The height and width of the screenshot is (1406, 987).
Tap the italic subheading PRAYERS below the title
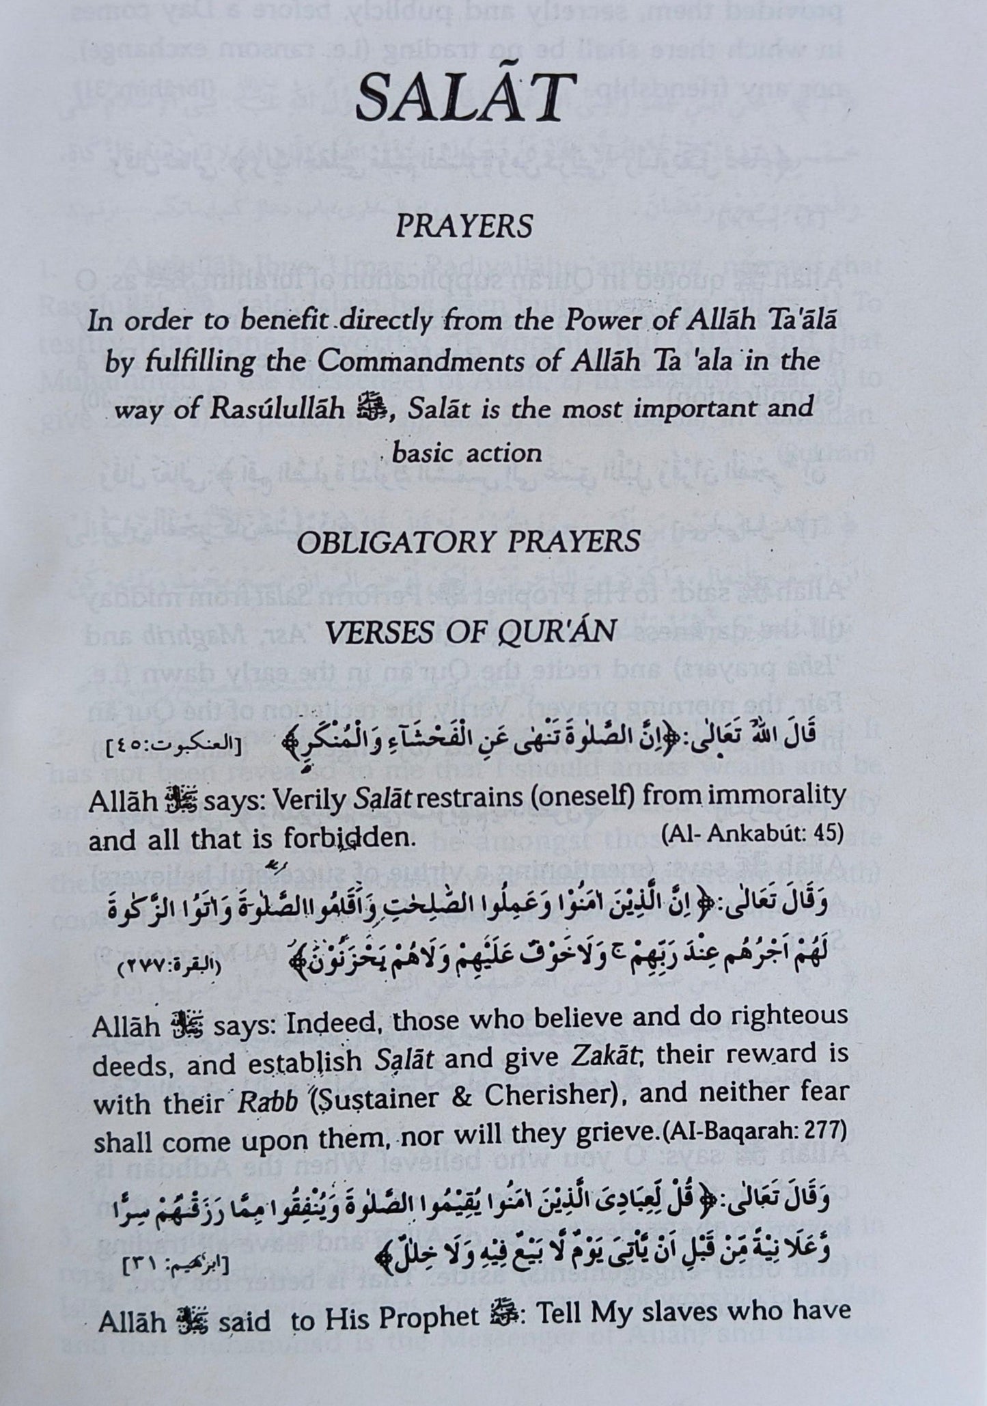coord(464,226)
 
